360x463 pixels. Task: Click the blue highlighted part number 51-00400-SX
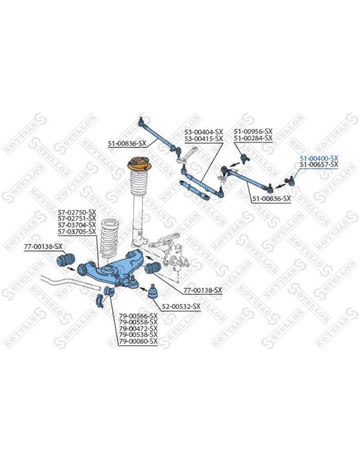pyautogui.click(x=319, y=158)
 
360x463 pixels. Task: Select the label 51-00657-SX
pyautogui.click(x=319, y=165)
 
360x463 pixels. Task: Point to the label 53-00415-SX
pyautogui.click(x=204, y=138)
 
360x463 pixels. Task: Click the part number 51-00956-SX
pyautogui.click(x=253, y=131)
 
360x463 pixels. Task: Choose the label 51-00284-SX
pyautogui.click(x=253, y=138)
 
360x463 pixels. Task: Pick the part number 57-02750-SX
pyautogui.click(x=77, y=212)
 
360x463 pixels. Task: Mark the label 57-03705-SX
pyautogui.click(x=77, y=232)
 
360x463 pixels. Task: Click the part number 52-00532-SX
pyautogui.click(x=181, y=307)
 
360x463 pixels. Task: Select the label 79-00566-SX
pyautogui.click(x=138, y=316)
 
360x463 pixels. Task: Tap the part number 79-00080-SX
pyautogui.click(x=138, y=342)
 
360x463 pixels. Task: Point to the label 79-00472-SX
pyautogui.click(x=138, y=328)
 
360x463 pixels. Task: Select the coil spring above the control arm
pyautogui.click(x=109, y=239)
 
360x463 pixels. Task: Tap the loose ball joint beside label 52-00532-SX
pyautogui.click(x=153, y=292)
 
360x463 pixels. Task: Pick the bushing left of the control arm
pyautogui.click(x=65, y=260)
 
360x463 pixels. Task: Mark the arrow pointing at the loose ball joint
pyautogui.click(x=143, y=289)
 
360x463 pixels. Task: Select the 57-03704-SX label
pyautogui.click(x=77, y=225)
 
